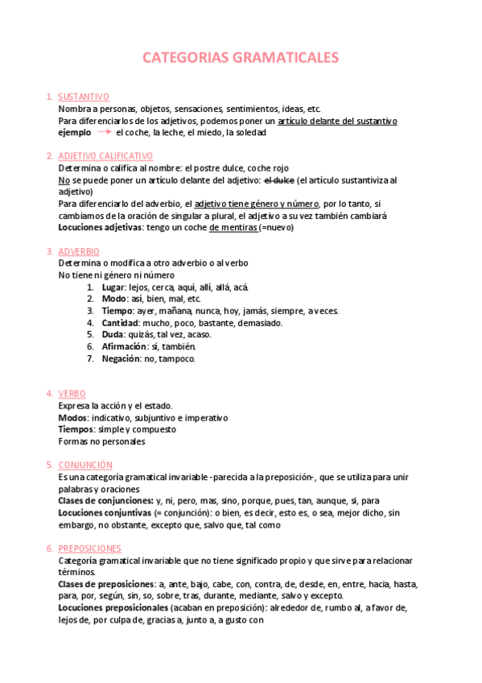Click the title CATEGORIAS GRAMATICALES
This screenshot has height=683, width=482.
click(241, 57)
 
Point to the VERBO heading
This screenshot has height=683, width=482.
click(72, 393)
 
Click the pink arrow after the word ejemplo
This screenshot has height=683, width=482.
click(103, 132)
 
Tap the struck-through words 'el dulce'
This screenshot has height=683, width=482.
click(280, 180)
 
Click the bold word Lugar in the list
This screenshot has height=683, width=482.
click(113, 287)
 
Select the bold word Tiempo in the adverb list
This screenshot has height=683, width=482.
click(117, 311)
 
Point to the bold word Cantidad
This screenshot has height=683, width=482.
click(119, 323)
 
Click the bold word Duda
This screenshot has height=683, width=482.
click(113, 334)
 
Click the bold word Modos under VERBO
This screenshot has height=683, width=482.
click(73, 418)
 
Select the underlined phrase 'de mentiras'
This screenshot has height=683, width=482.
click(233, 228)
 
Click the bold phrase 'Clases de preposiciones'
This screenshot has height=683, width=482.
click(106, 584)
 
